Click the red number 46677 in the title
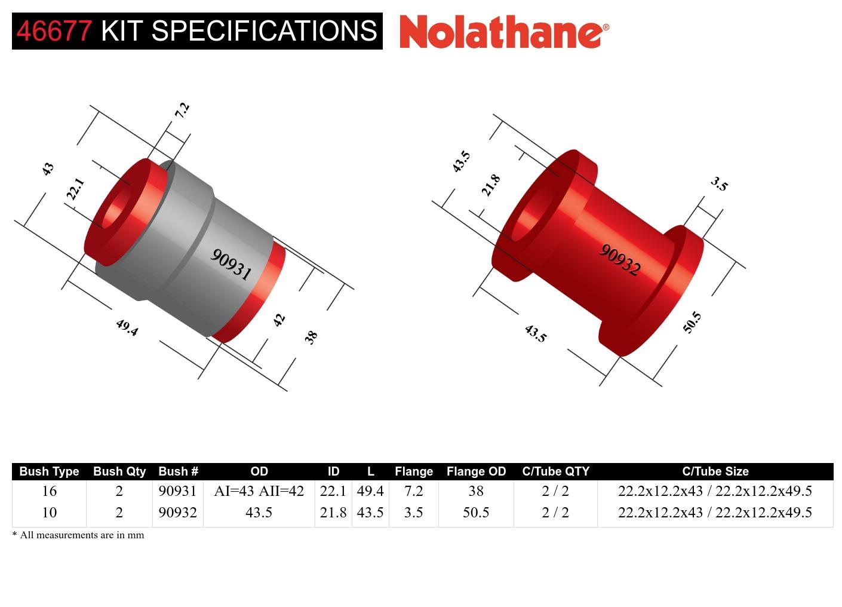54,30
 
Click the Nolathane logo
504,31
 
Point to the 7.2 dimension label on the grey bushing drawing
182,109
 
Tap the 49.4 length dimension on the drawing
127,327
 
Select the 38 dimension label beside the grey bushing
311,337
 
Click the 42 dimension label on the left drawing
279,320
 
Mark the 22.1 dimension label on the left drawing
75,189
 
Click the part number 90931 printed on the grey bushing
231,264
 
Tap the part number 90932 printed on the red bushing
620,260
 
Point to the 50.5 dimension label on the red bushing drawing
692,322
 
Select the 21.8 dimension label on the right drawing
490,185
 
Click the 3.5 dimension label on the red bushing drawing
720,184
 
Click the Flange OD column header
476,471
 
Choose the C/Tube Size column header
715,471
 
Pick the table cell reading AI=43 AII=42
259,491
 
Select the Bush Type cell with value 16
49,491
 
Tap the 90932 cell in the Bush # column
177,513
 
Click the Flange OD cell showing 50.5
476,513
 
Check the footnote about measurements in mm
78,535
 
